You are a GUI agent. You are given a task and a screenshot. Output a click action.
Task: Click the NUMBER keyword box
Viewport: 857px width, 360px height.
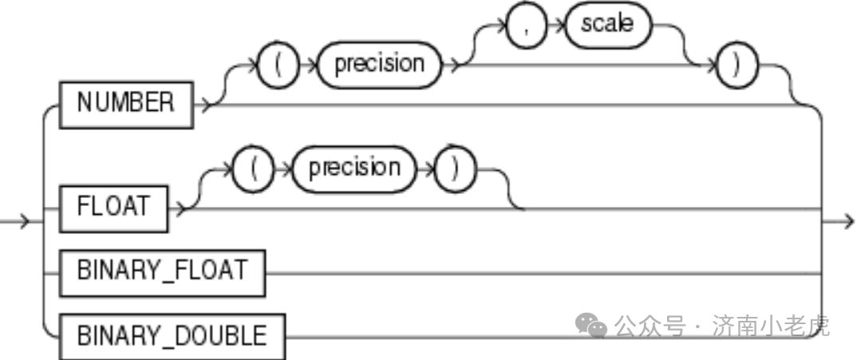(125, 103)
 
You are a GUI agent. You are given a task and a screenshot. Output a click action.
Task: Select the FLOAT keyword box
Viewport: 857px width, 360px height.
(113, 207)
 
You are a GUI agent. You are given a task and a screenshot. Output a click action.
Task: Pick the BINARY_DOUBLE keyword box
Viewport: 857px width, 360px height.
(172, 335)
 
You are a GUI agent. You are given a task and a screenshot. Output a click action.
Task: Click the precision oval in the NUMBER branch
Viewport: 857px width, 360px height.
(379, 64)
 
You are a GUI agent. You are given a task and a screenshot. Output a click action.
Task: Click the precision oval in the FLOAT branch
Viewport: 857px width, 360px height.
(354, 168)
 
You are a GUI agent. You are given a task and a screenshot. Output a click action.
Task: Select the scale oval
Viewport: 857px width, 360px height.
(606, 24)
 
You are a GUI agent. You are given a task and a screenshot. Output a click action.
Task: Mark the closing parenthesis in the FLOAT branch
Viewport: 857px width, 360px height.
(455, 168)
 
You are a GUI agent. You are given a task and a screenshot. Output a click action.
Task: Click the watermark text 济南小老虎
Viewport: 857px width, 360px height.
(771, 326)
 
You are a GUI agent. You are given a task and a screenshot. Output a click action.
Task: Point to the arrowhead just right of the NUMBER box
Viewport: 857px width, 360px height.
(206, 104)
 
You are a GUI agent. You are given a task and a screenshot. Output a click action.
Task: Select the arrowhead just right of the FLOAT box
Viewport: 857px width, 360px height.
(180, 208)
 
